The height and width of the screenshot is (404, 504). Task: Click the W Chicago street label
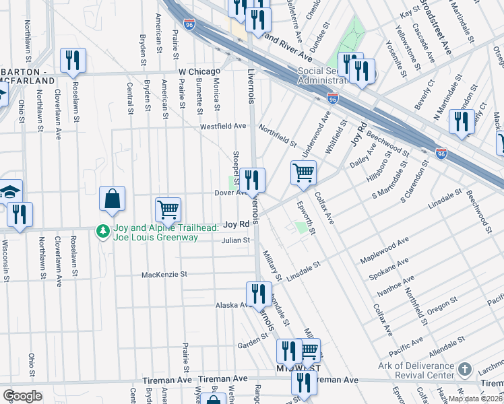pos(199,71)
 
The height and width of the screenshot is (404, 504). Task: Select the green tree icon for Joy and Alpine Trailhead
pos(102,231)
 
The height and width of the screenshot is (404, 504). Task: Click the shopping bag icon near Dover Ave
pos(112,199)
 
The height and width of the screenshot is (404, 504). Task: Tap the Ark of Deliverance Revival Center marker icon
pos(464,370)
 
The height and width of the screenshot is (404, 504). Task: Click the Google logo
pos(23,396)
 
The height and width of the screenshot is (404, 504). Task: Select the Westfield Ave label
pos(223,126)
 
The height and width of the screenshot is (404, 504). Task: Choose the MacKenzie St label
pos(164,275)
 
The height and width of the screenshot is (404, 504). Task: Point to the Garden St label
pos(253,345)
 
